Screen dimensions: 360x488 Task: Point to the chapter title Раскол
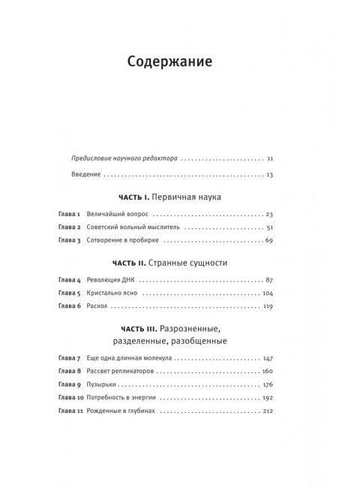(x=94, y=306)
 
